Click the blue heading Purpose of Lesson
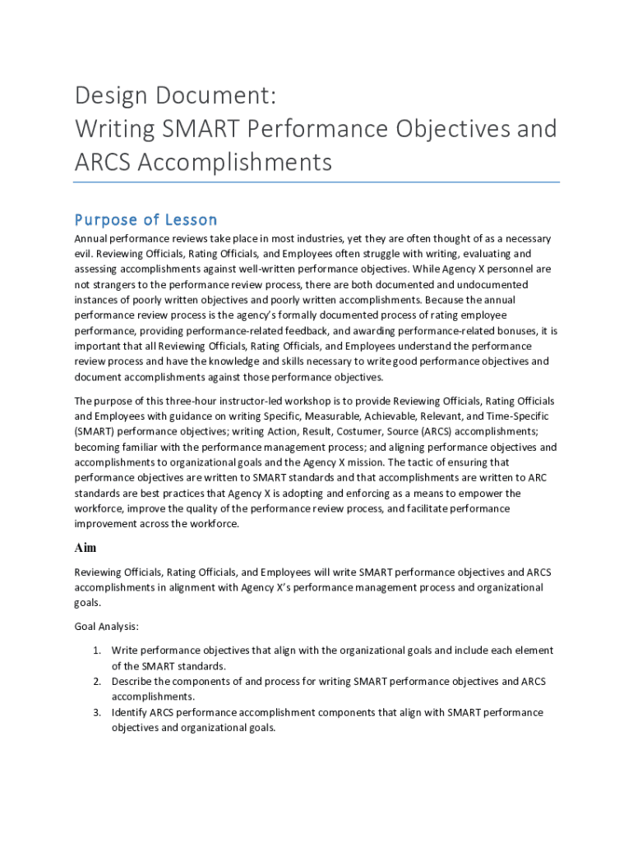coord(146,219)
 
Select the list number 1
coord(96,650)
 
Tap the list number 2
coord(96,682)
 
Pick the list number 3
coord(96,713)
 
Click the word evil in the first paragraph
coord(82,254)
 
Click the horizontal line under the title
coord(316,182)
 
